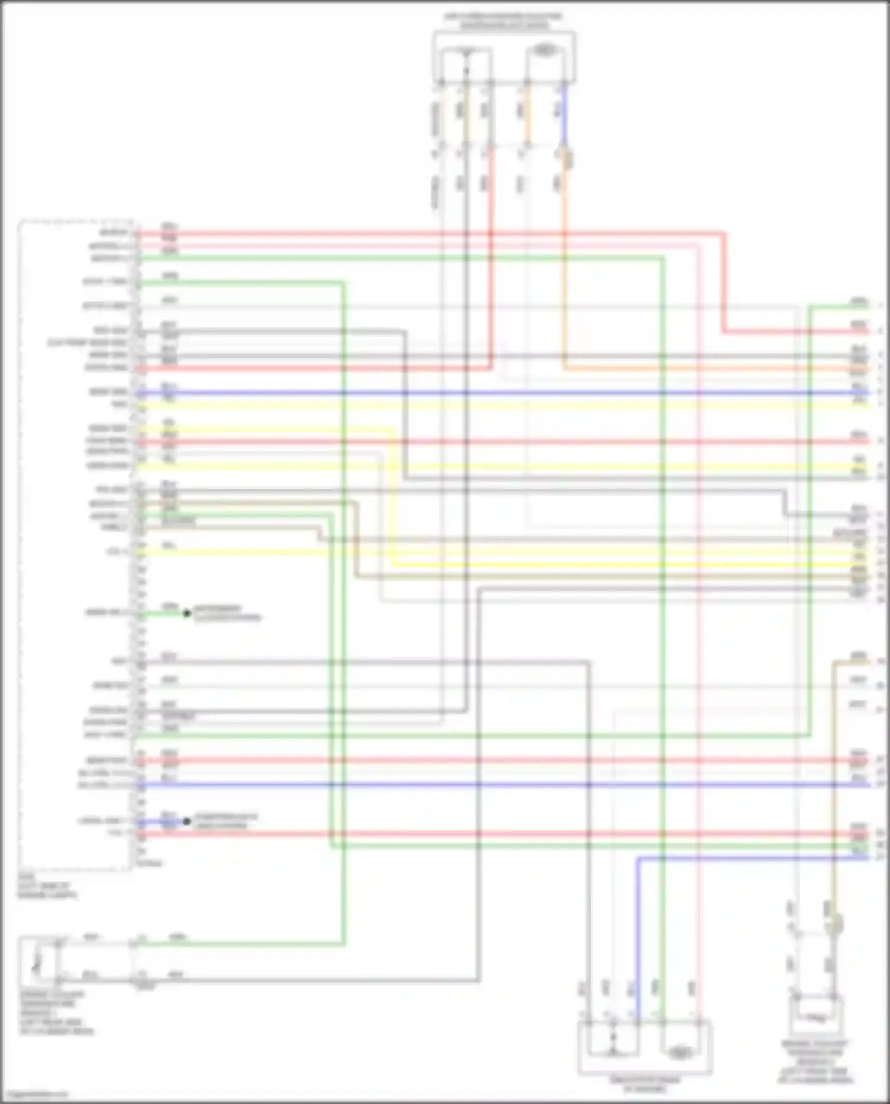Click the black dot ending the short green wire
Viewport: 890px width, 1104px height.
coord(187,613)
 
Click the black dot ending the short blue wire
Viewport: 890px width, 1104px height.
coord(187,822)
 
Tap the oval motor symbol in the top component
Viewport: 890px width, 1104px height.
coord(543,50)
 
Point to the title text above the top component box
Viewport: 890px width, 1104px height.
coord(503,21)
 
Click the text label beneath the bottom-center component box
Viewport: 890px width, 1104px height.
coord(645,1084)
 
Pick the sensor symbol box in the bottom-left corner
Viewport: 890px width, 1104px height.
coord(39,959)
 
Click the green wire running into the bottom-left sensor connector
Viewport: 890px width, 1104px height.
coord(237,943)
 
